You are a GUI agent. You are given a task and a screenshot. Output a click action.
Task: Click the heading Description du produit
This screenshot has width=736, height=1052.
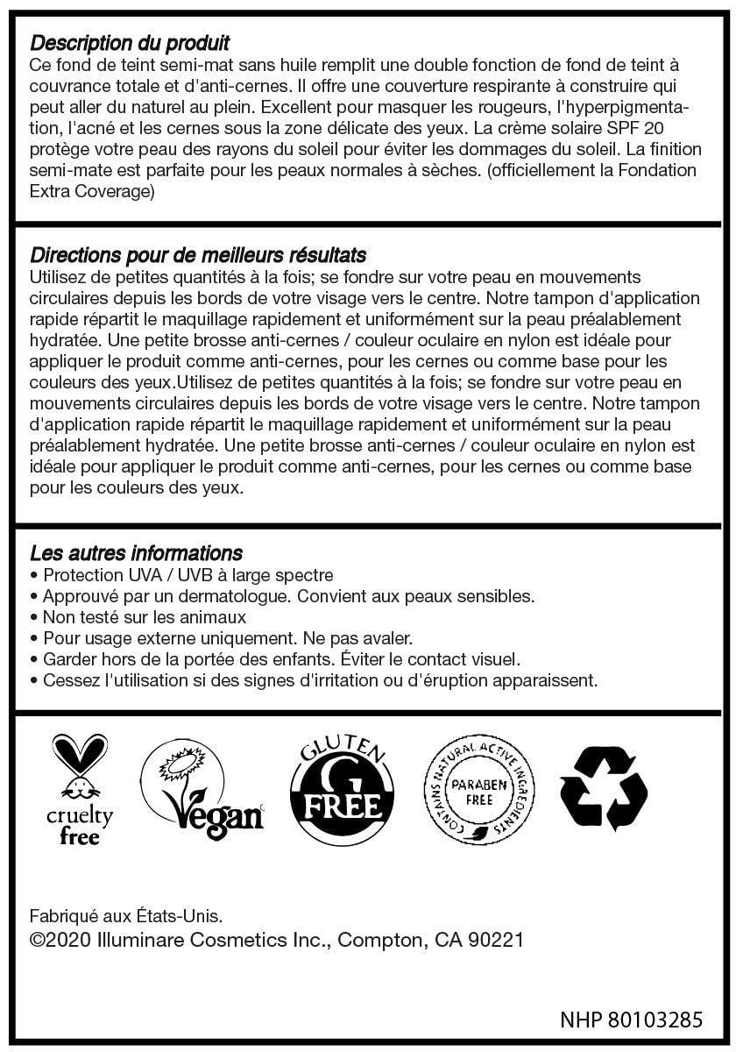click(130, 43)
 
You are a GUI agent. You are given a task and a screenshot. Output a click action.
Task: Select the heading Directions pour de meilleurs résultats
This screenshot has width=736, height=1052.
click(198, 255)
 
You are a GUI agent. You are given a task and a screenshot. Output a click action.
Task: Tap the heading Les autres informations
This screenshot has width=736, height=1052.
click(136, 553)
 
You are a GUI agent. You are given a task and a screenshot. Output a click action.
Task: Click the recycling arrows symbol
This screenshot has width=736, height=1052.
click(604, 788)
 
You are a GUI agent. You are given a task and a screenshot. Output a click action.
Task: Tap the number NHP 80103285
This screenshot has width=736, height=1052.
click(631, 1020)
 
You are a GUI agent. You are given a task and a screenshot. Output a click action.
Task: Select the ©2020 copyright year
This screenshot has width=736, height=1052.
click(60, 941)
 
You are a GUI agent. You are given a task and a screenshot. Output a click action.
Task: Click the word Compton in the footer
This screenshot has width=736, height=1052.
click(379, 941)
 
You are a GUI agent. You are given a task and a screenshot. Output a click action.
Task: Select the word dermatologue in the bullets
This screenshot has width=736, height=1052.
click(227, 596)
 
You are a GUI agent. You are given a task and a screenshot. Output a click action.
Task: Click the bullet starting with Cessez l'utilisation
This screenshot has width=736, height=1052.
click(320, 680)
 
